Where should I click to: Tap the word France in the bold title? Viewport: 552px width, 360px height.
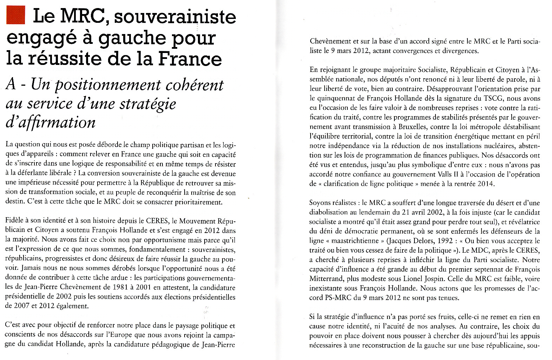190,58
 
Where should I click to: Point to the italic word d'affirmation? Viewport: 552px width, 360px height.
51,122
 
